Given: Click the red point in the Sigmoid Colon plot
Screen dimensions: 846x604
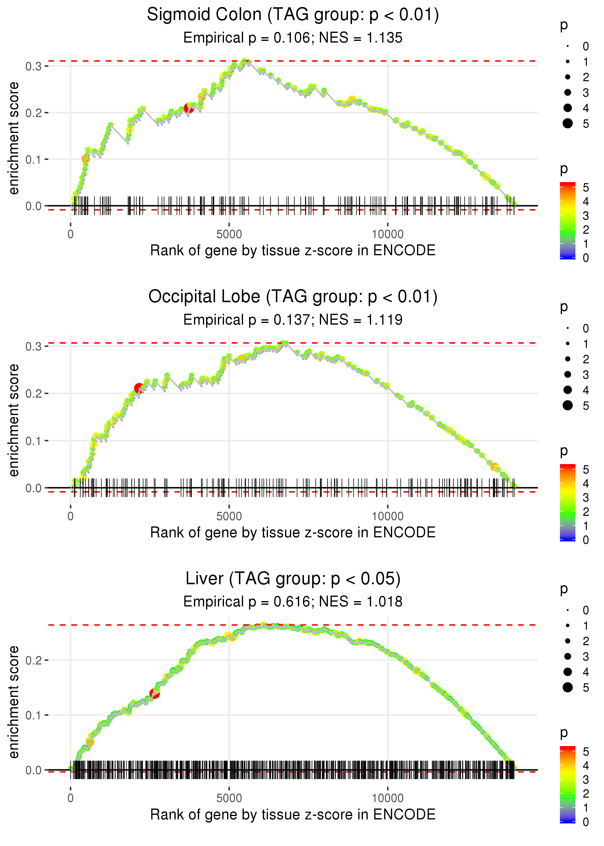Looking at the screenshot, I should (x=188, y=108).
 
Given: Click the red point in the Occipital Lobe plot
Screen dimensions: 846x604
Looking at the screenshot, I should (x=139, y=388).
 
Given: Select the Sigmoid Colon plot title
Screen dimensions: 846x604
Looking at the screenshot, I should (x=293, y=15).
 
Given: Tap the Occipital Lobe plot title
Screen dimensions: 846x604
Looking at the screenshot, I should (x=293, y=297).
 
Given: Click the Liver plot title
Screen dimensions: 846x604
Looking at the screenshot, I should (x=293, y=579).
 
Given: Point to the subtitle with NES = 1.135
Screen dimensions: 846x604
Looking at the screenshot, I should (x=293, y=38).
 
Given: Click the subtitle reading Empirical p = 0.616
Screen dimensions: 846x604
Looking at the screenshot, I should (x=293, y=602).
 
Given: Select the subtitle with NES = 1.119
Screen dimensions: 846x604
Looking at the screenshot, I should (x=293, y=320).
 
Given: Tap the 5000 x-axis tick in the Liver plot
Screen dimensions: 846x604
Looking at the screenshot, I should (x=229, y=798).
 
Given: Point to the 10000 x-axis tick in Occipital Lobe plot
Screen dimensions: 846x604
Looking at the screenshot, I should (x=388, y=516).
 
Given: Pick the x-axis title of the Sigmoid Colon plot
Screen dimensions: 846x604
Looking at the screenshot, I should (x=293, y=250).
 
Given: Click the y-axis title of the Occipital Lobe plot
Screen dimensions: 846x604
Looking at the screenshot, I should (x=14, y=420).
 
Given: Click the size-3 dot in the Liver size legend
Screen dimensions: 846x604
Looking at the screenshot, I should (x=568, y=656).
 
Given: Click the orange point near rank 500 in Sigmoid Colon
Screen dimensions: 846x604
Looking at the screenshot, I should (x=86, y=159).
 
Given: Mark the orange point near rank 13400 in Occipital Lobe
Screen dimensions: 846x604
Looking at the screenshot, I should (x=494, y=467).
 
